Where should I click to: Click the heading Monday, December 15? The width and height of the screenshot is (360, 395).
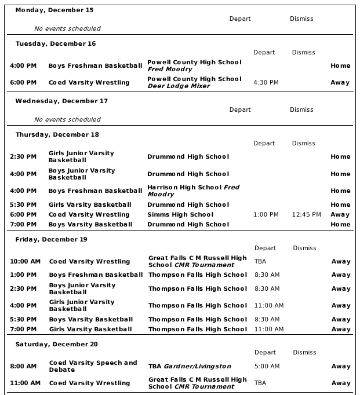[x=54, y=10]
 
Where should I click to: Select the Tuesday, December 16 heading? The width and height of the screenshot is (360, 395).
[x=56, y=43]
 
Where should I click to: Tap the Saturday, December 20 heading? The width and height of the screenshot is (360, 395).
[x=56, y=344]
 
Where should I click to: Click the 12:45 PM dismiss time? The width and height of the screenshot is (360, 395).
[x=306, y=214]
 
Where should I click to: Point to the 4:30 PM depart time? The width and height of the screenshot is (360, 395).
[x=266, y=82]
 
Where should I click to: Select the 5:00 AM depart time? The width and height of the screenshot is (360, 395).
[x=267, y=366]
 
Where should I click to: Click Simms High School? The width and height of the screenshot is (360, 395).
[x=180, y=214]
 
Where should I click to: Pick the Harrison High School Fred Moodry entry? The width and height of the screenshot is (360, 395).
[x=193, y=191]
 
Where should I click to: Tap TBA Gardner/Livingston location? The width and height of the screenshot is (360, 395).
[x=190, y=366]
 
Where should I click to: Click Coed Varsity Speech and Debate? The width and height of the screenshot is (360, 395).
[x=93, y=366]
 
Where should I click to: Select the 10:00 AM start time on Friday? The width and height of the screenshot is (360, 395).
[x=25, y=261]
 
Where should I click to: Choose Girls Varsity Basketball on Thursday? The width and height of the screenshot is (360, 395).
[x=90, y=204]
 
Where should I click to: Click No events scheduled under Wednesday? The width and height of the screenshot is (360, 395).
[x=67, y=119]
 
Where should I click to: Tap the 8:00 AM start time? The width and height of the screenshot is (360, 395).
[x=23, y=366]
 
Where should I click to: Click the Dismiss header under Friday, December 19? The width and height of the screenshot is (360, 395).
[x=304, y=248]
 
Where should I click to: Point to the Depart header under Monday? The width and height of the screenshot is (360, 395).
[x=240, y=19]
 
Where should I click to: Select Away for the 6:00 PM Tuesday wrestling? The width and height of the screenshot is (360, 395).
[x=340, y=82]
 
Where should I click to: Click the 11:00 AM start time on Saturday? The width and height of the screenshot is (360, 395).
[x=25, y=383]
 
